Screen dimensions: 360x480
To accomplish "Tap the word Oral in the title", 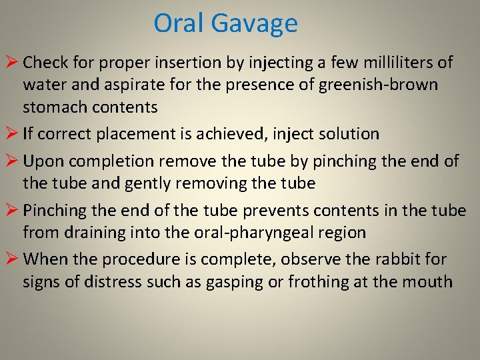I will (179, 23).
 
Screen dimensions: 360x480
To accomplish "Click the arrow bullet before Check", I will (11, 63).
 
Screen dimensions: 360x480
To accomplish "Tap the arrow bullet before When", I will (11, 259).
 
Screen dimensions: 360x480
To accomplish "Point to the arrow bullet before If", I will (11, 134).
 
